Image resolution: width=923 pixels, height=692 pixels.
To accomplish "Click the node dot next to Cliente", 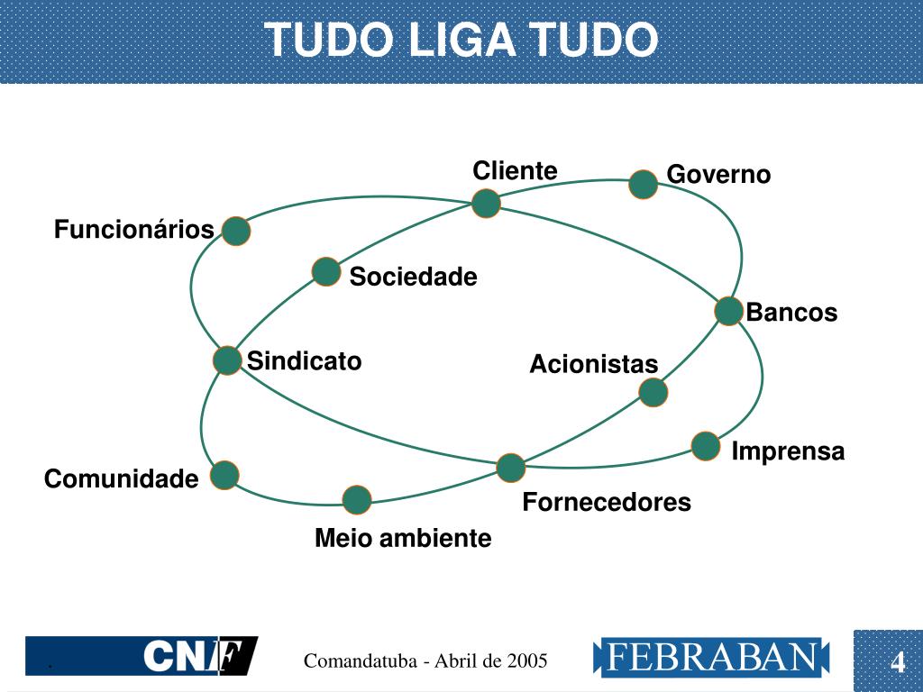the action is [x=486, y=204].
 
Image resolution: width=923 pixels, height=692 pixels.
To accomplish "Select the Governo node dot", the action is [x=643, y=184].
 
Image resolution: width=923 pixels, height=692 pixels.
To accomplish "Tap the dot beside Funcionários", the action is [x=235, y=232].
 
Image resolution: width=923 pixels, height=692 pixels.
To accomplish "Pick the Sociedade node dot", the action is [x=326, y=271].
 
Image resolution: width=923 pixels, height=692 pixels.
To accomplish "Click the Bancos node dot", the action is [x=728, y=311].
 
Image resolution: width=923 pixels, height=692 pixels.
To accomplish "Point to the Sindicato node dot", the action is [x=227, y=360].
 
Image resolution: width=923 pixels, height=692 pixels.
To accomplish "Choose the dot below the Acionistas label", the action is [x=653, y=392].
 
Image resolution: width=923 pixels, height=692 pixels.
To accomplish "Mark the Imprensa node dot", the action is [x=706, y=446].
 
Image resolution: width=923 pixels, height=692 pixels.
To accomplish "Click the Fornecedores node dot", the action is [x=510, y=468].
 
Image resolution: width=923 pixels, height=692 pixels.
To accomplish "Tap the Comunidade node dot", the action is [x=224, y=475].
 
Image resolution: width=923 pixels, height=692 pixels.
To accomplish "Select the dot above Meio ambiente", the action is [x=357, y=499].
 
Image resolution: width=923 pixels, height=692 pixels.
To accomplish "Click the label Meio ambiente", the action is [x=403, y=539].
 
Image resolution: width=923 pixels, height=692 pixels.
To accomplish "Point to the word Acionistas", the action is [x=594, y=364].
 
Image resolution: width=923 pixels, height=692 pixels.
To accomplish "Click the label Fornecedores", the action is [x=607, y=502].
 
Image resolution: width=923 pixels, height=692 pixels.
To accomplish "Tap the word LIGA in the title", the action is [x=461, y=41].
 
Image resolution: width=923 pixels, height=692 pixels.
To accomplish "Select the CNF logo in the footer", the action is [x=200, y=656].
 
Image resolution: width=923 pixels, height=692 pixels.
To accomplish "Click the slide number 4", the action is [x=898, y=663].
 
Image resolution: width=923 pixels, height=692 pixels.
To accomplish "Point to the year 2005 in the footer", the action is [x=527, y=661].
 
